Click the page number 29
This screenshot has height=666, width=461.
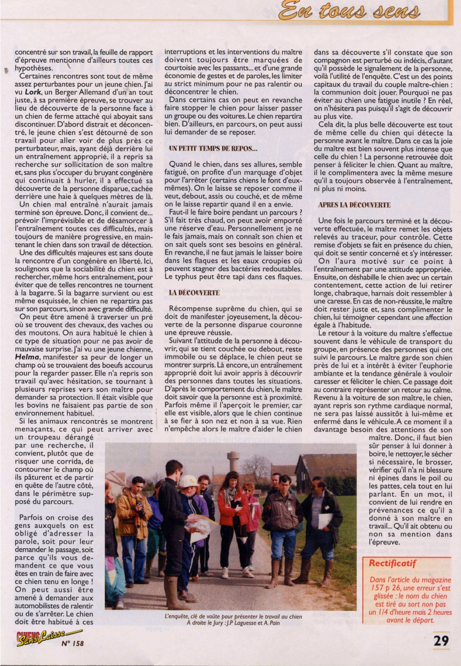[x=441, y=640]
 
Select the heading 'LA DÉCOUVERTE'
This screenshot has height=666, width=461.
[x=194, y=293]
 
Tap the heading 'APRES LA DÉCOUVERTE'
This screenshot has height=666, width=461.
[x=354, y=205]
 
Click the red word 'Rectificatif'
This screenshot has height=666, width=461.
[x=393, y=563]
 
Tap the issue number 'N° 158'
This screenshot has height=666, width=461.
[x=72, y=643]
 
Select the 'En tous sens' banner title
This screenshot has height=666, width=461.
[x=349, y=11]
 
